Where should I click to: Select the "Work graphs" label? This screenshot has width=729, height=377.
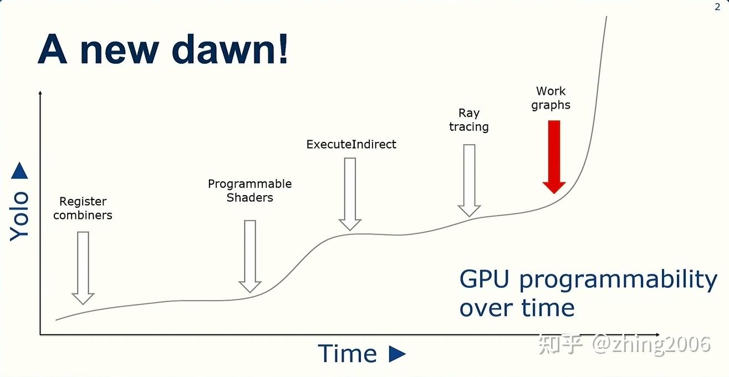(x=550, y=98)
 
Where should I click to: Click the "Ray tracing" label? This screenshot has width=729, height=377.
(x=469, y=120)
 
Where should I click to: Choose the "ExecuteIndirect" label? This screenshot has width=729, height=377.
(x=351, y=144)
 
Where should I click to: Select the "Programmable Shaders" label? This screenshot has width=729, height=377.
(x=249, y=190)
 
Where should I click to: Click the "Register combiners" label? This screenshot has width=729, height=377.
(x=83, y=208)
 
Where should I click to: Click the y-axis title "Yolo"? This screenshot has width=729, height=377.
(x=19, y=216)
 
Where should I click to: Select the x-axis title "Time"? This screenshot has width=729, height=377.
(x=347, y=354)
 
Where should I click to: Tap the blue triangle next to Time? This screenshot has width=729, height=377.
(x=397, y=354)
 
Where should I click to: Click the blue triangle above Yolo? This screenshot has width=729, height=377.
(x=19, y=171)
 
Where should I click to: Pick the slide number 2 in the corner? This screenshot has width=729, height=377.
(x=717, y=7)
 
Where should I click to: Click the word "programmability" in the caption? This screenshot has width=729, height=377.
(x=618, y=280)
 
